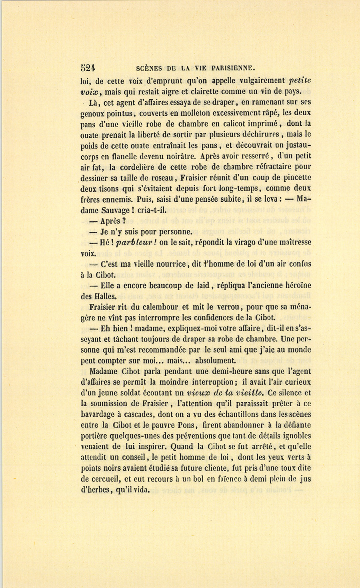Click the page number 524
pyautogui.click(x=87, y=67)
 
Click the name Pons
pyautogui.click(x=190, y=425)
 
